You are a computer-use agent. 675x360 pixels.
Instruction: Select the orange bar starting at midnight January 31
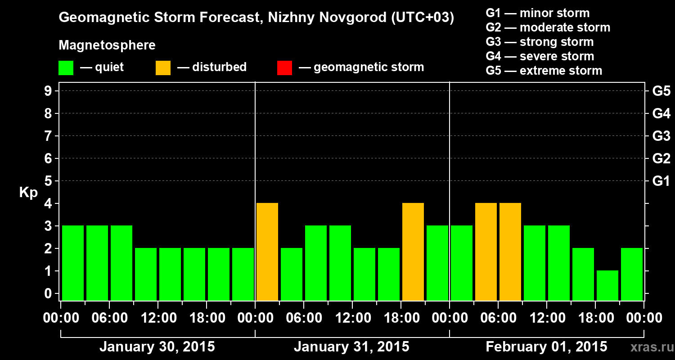click(x=267, y=252)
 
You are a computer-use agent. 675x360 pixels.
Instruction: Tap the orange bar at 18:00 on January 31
click(x=413, y=252)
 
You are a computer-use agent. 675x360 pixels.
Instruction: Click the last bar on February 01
click(x=632, y=274)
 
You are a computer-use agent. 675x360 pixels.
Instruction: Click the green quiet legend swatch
click(x=66, y=68)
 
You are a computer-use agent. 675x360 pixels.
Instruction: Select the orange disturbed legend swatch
click(x=163, y=68)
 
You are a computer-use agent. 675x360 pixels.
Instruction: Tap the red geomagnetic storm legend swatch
click(x=284, y=68)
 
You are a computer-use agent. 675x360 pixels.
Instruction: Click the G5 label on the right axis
click(x=661, y=91)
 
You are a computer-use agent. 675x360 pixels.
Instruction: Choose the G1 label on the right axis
click(x=661, y=181)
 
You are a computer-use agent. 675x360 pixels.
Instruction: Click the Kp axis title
click(x=28, y=193)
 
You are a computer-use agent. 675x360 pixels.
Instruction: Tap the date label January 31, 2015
click(x=351, y=347)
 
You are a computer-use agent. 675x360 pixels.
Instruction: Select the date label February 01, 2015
click(x=546, y=347)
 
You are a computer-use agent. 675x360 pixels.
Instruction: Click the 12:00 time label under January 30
click(x=158, y=318)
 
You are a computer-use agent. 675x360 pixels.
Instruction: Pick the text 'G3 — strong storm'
click(x=540, y=42)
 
